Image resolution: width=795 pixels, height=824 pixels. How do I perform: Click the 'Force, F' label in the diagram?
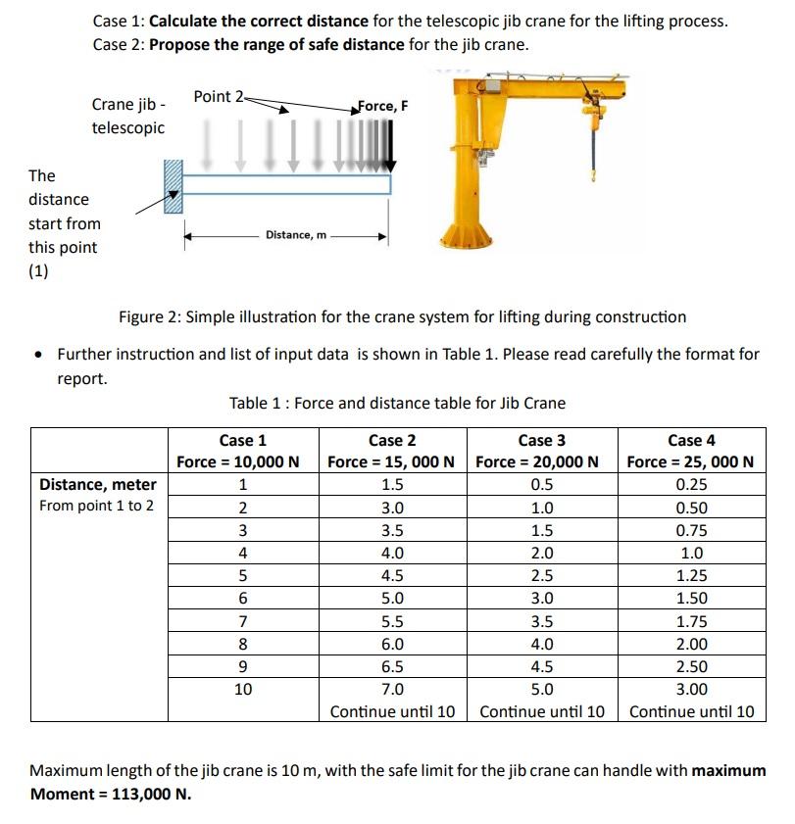point(383,106)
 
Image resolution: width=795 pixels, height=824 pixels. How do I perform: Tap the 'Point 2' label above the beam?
point(219,96)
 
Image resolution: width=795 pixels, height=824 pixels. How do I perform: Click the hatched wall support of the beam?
point(174,187)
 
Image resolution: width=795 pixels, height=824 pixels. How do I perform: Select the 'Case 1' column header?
point(242,440)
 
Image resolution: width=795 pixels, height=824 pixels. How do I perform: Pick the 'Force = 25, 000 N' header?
point(690,461)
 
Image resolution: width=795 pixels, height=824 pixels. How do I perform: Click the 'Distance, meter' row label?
point(97,484)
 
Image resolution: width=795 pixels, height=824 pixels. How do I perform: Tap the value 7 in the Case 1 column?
point(242,621)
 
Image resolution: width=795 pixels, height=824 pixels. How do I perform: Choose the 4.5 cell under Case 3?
point(541,666)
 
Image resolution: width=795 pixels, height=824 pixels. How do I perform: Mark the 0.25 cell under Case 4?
point(691,484)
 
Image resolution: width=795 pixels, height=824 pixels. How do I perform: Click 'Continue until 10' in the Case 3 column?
point(542,711)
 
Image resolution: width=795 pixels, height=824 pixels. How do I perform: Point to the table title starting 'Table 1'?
point(397,403)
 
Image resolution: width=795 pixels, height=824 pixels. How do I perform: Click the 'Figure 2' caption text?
point(402,316)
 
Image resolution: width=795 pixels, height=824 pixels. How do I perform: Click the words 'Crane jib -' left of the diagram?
point(128,104)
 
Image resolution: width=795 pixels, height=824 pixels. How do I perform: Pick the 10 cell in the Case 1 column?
point(242,689)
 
